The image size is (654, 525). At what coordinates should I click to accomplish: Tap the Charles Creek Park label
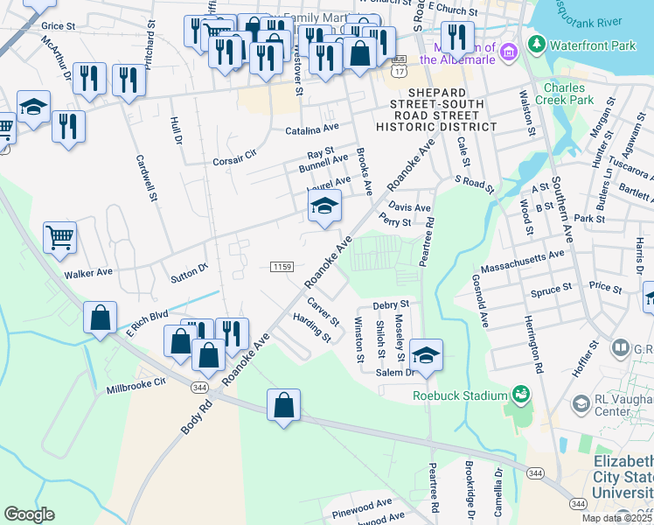click(568, 94)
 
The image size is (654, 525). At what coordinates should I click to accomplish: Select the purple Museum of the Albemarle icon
click(506, 55)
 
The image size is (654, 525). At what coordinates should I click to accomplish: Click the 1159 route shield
click(282, 266)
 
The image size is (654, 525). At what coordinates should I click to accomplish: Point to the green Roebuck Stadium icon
click(521, 395)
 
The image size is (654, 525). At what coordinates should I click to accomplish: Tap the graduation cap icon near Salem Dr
click(426, 355)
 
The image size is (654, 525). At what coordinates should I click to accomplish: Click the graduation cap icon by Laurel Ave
click(324, 206)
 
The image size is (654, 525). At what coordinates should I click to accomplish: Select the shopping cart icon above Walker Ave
click(59, 236)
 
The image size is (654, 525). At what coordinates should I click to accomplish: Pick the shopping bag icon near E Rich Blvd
click(101, 318)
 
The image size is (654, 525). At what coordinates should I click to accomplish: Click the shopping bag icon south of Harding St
click(283, 405)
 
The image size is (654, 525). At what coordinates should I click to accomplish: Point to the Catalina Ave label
click(311, 131)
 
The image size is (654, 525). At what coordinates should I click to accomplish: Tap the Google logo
click(29, 514)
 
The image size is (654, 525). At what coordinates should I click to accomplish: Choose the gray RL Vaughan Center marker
click(581, 403)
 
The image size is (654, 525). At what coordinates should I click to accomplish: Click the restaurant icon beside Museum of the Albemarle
click(456, 37)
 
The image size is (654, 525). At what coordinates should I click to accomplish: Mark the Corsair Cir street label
click(234, 157)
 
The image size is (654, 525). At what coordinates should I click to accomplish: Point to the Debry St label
click(391, 305)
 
